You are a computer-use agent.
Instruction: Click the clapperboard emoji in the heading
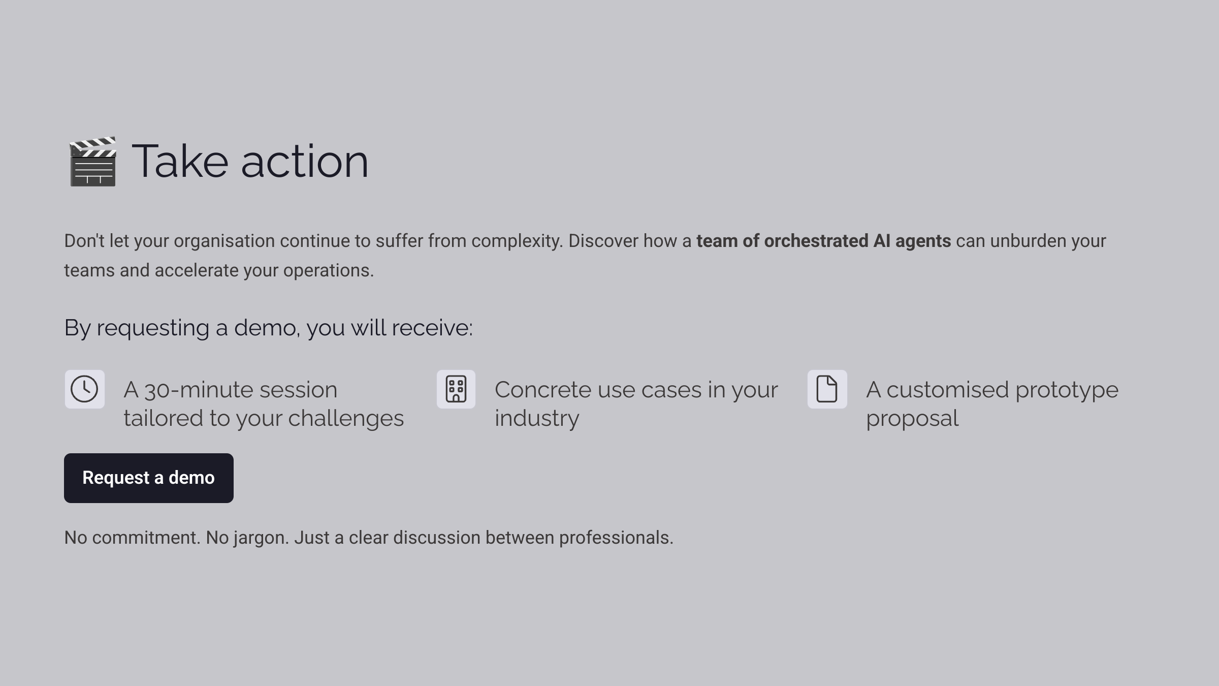point(93,162)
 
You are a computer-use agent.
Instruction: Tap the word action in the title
point(304,162)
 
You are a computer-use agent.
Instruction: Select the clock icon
point(84,389)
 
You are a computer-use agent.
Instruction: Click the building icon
point(456,389)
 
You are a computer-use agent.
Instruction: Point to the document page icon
point(827,389)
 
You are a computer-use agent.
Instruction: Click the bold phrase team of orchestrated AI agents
point(823,241)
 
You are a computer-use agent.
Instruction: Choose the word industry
point(537,419)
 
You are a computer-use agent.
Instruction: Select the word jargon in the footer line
point(261,538)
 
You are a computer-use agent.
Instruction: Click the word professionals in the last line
point(616,538)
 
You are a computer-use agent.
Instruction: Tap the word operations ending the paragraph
point(328,271)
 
